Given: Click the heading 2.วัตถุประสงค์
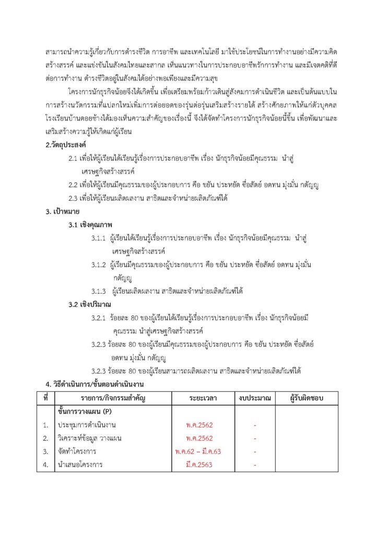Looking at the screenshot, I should pos(66,144).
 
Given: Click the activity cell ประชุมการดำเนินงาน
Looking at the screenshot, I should pos(87,425).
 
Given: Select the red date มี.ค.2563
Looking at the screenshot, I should pos(199,464).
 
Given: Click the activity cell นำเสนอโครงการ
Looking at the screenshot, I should pos(80,464).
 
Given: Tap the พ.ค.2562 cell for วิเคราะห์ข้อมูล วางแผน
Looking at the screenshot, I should pos(199,438).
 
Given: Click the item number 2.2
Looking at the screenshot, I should pos(74,185).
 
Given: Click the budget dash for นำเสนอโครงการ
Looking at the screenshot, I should pos(254,464).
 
